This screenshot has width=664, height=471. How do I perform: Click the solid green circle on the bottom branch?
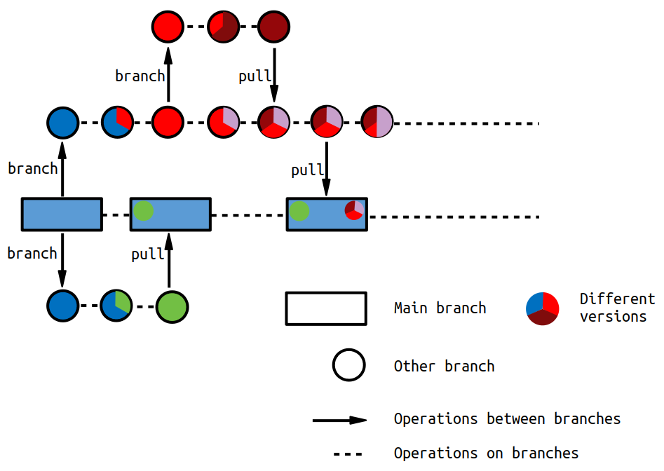172,307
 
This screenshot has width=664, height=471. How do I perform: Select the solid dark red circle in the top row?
273,27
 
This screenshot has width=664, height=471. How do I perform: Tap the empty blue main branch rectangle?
62,214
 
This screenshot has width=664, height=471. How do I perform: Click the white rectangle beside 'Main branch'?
326,308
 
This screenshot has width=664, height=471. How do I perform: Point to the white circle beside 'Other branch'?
349,364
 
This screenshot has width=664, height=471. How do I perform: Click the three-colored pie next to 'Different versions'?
543,308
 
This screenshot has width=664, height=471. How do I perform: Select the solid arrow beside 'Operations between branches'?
339,421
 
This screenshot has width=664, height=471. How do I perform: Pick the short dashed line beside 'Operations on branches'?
348,454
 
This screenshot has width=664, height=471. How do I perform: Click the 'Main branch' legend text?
440,308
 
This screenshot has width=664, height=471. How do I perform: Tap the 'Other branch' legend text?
445,366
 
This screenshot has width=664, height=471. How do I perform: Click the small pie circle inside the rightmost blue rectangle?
354,210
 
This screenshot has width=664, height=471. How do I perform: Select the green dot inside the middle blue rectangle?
144,211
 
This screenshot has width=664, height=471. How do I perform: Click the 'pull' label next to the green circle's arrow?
147,254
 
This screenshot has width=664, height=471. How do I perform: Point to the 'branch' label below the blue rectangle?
32,253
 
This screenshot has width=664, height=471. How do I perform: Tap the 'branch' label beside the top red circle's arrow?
140,76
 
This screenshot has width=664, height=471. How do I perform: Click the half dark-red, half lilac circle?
377,122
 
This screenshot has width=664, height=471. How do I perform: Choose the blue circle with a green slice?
116,306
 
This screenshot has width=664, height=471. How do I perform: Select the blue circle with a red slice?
117,122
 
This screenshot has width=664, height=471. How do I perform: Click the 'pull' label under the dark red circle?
255,76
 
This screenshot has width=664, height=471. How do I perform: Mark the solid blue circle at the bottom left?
62,306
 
